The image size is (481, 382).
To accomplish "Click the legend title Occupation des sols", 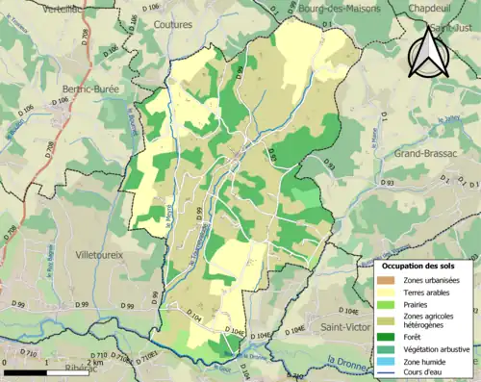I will click(x=419, y=265).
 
